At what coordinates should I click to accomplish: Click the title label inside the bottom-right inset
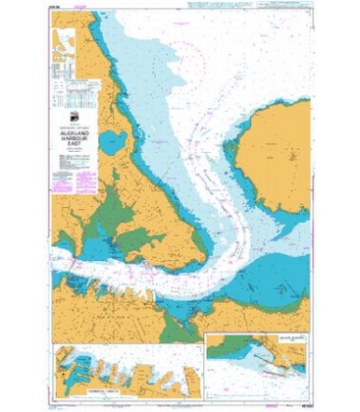[x=284, y=342]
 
